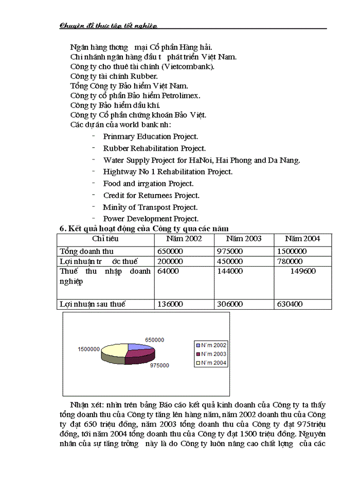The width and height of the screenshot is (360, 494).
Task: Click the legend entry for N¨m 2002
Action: tap(210, 345)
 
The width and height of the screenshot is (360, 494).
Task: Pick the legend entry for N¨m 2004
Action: tap(210, 363)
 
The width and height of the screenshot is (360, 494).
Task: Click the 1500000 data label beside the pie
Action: tap(88, 349)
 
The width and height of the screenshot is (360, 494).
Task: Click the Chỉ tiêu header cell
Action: tap(105, 239)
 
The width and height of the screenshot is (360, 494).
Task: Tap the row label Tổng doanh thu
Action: tap(86, 252)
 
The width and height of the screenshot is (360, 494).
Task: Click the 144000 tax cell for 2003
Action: tap(229, 271)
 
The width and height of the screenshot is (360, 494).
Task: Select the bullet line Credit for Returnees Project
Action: tap(151, 196)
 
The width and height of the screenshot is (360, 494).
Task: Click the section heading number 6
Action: tap(62, 228)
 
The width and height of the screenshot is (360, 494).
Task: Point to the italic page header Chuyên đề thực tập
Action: tap(108, 25)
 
